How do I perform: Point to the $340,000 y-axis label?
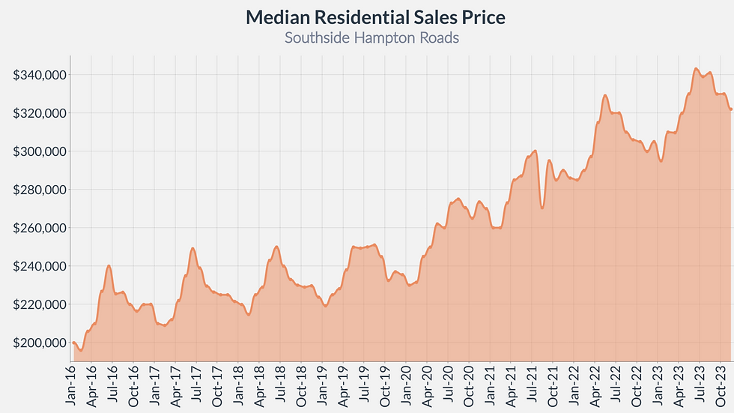pos(40,75)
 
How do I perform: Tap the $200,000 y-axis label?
pos(40,343)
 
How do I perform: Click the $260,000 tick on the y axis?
pos(40,228)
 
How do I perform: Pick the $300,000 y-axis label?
pos(40,151)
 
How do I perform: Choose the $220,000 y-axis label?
pos(40,304)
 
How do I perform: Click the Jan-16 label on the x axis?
pos(71,387)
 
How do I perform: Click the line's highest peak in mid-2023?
pos(696,69)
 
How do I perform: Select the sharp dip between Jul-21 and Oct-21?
pos(542,208)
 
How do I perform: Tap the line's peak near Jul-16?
pos(109,265)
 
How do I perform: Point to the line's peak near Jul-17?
pos(192,248)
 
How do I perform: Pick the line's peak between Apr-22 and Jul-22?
pos(605,95)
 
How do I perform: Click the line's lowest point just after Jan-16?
pos(80,350)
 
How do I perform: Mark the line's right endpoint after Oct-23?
pos(731,109)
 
